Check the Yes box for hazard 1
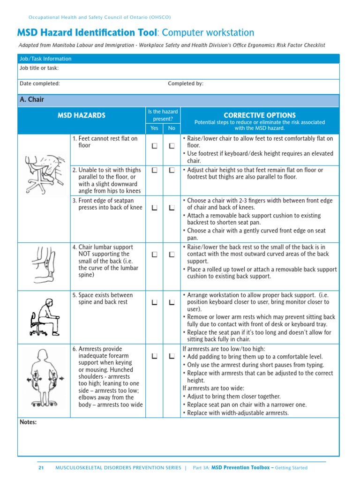154,146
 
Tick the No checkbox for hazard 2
172,170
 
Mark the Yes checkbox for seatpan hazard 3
154,207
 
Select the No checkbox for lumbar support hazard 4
172,254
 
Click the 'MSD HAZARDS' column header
82,115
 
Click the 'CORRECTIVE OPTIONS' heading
259,115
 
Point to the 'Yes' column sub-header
154,128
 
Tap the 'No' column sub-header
172,128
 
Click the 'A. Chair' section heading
32,99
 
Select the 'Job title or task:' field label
39,68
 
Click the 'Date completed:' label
40,83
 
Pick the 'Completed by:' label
186,83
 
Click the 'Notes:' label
28,422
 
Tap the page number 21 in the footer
41,468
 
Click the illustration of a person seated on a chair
44,317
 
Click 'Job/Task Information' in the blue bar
45,59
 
